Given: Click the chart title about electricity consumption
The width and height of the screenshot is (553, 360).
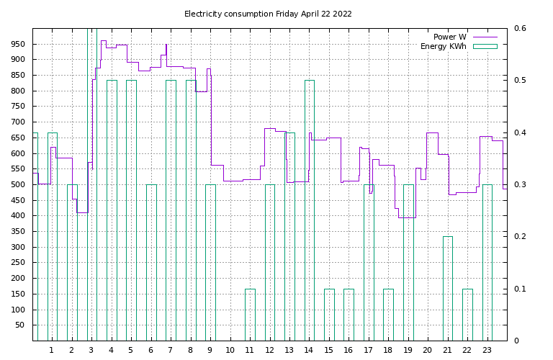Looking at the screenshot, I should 268,14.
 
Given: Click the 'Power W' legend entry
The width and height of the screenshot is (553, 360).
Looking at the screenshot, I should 449,37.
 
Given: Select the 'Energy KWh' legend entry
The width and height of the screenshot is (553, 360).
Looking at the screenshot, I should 443,47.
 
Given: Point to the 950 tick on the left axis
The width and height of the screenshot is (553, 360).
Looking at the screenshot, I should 19,44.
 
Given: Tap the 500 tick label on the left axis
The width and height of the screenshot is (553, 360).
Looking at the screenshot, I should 19,184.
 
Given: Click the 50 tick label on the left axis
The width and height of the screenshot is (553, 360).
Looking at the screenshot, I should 22,325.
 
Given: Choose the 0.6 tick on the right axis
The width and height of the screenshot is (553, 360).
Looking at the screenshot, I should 520,28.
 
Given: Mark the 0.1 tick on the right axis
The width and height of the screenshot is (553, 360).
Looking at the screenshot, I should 520,289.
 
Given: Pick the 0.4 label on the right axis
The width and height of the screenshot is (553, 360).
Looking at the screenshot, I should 520,132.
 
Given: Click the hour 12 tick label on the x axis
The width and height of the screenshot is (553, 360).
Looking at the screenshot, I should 269,350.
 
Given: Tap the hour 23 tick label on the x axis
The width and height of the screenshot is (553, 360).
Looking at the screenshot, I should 487,350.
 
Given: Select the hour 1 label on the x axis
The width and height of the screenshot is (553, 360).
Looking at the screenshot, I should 51,350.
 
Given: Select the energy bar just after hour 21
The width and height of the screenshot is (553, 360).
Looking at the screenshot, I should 447,288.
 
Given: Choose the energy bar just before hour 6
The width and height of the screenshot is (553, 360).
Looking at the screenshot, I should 151,262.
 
